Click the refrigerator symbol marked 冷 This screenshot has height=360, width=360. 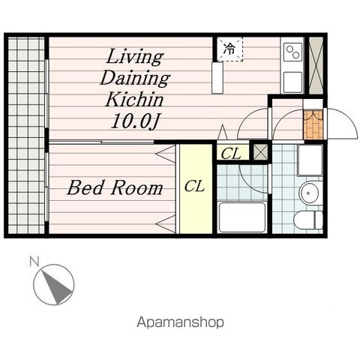pyautogui.click(x=229, y=49)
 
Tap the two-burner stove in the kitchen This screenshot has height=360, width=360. pyautogui.click(x=293, y=52)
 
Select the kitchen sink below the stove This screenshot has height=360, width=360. pyautogui.click(x=293, y=82)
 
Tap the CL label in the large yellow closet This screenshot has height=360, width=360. pyautogui.click(x=194, y=187)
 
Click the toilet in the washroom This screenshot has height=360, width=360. pyautogui.click(x=308, y=220)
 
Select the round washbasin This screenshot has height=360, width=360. pyautogui.click(x=310, y=193)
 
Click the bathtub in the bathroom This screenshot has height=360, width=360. pyautogui.click(x=242, y=217)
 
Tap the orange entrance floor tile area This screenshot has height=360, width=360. pyautogui.click(x=313, y=124)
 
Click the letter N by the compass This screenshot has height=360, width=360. pyautogui.click(x=34, y=262)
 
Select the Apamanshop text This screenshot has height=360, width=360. pyautogui.click(x=180, y=322)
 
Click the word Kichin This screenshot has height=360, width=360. pyautogui.click(x=134, y=100)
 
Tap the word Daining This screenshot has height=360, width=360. pyautogui.click(x=135, y=79)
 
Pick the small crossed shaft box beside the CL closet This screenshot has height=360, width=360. pyautogui.click(x=260, y=152)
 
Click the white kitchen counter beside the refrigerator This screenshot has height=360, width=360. pyautogui.click(x=217, y=78)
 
